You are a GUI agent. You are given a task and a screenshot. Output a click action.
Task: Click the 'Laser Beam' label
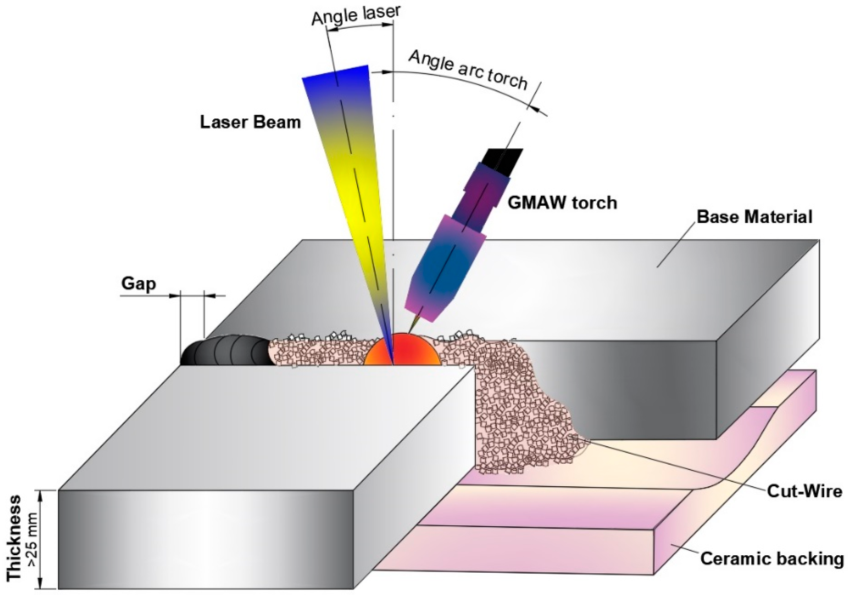250,122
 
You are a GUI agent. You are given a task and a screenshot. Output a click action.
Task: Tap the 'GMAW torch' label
562,203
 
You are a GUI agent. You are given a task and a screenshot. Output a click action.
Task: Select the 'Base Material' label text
755,217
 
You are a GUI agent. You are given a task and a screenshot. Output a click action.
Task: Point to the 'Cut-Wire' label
804,491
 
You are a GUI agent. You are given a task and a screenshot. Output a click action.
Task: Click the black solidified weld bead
225,351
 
